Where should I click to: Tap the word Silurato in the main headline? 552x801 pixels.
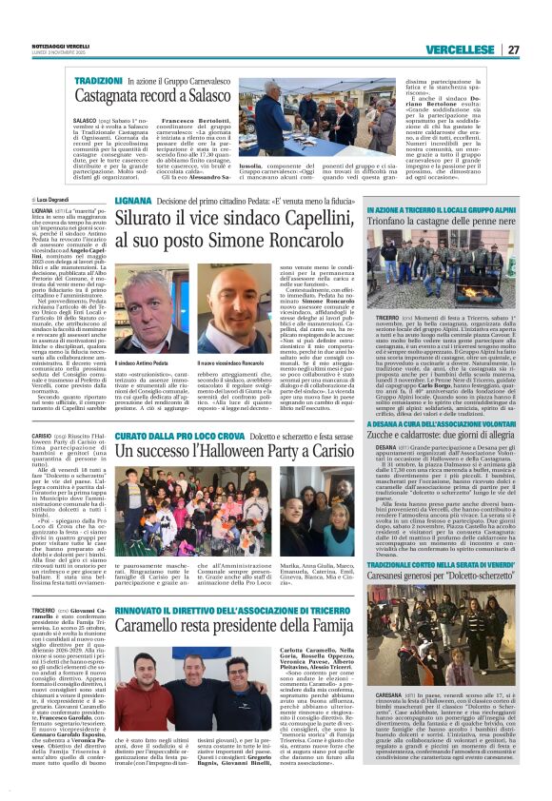[x=149, y=219]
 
